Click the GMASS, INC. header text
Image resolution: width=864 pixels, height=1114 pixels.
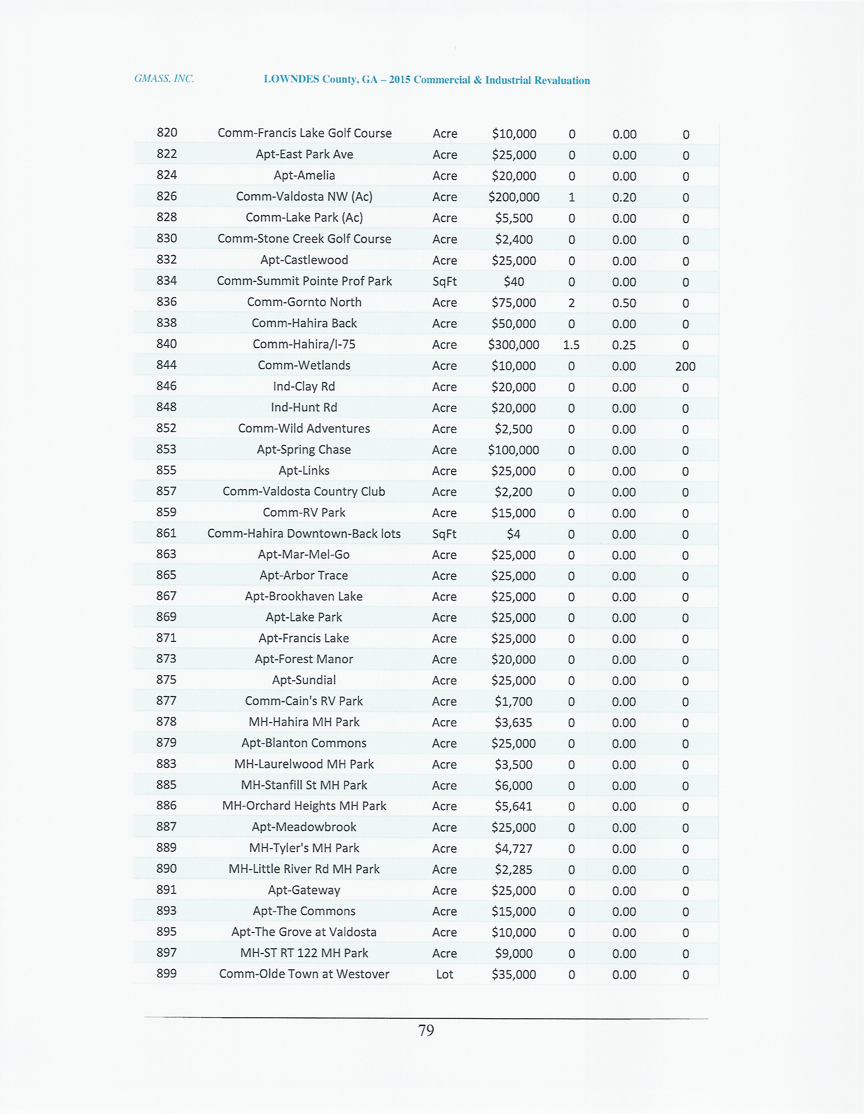164,78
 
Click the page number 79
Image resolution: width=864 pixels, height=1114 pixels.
426,1030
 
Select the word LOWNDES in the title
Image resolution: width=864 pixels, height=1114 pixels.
291,79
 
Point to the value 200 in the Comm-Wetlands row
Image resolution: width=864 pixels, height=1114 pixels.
685,366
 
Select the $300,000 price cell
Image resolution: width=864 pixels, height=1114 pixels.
513,345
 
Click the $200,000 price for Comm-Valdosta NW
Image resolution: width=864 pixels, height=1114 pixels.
514,197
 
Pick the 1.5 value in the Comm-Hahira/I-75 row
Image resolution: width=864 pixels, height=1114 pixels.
571,345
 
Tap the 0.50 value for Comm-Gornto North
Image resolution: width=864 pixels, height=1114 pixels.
624,303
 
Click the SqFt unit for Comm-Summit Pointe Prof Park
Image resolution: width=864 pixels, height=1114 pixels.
444,282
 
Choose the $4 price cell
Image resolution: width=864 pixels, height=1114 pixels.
513,534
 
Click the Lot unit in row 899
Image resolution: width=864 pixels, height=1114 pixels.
444,974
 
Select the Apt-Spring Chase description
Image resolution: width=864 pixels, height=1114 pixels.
304,449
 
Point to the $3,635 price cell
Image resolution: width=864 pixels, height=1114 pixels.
513,722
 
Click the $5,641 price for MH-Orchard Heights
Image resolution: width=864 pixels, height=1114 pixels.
513,806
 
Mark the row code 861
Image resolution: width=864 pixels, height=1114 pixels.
166,533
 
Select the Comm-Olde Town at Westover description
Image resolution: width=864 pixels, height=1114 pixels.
304,974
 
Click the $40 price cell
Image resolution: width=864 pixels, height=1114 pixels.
514,282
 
